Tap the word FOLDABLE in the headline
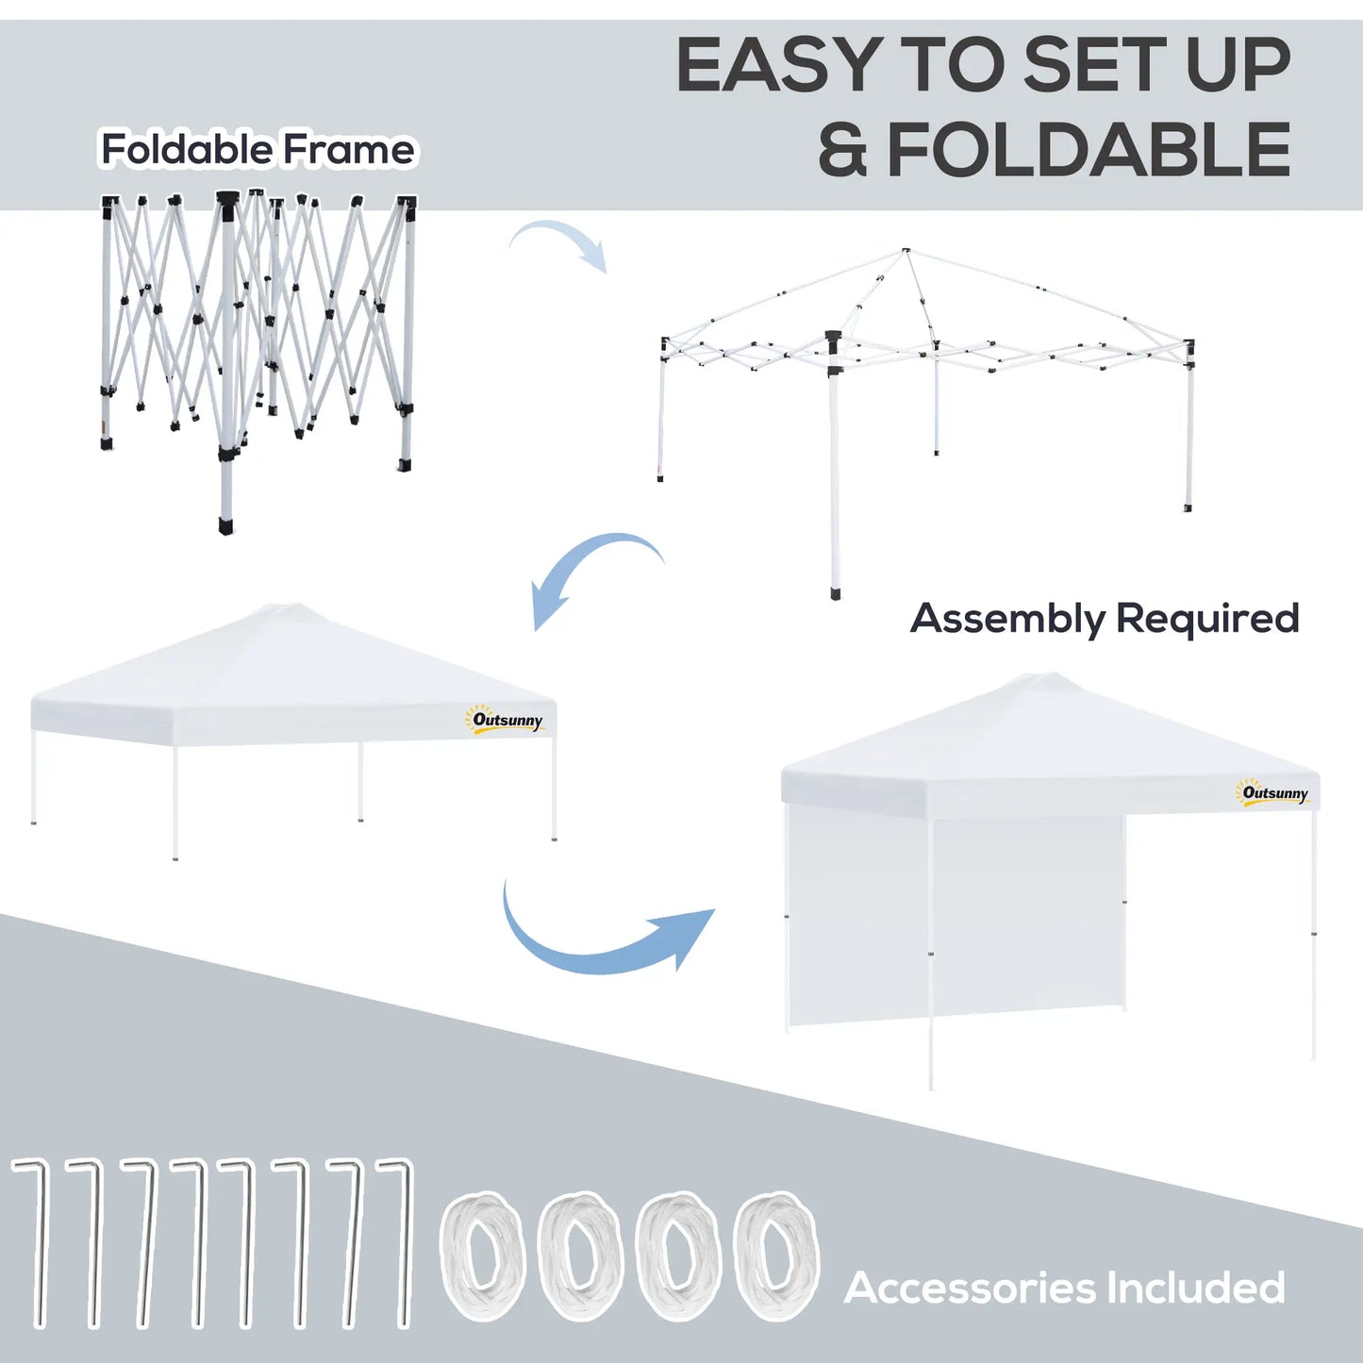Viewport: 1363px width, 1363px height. tap(1089, 150)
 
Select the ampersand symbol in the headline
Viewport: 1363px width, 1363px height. tap(841, 151)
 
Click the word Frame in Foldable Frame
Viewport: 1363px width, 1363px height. tap(349, 149)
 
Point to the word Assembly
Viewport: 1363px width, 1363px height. tap(1007, 620)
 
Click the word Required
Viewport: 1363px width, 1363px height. tap(1207, 619)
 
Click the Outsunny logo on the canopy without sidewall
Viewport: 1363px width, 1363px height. tap(507, 721)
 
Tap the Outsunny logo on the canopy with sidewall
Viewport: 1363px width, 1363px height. tap(1274, 793)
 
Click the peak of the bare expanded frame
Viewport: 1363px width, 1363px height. tap(906, 251)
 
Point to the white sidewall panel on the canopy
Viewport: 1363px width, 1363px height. tap(953, 920)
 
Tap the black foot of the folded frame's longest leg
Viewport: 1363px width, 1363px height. tap(225, 525)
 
